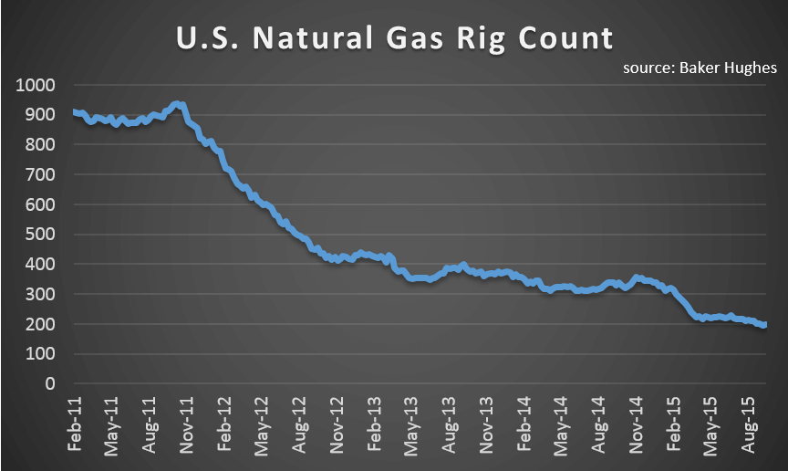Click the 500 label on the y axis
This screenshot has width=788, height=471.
41,235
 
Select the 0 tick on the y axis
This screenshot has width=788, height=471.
51,384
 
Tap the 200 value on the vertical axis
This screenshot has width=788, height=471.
41,324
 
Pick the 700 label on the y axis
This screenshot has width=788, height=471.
41,174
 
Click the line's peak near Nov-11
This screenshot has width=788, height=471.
180,104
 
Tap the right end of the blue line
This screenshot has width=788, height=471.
764,324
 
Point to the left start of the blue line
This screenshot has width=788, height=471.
74,112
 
